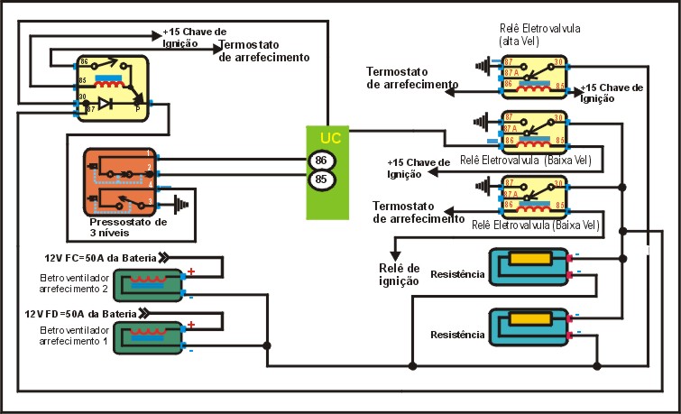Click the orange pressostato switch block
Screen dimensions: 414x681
tap(121, 179)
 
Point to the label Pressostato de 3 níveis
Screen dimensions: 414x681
tap(128, 226)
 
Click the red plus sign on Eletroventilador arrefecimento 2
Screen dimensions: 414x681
tap(190, 271)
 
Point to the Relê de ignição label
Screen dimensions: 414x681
tap(400, 274)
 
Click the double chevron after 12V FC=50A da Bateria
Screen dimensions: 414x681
tap(164, 256)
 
